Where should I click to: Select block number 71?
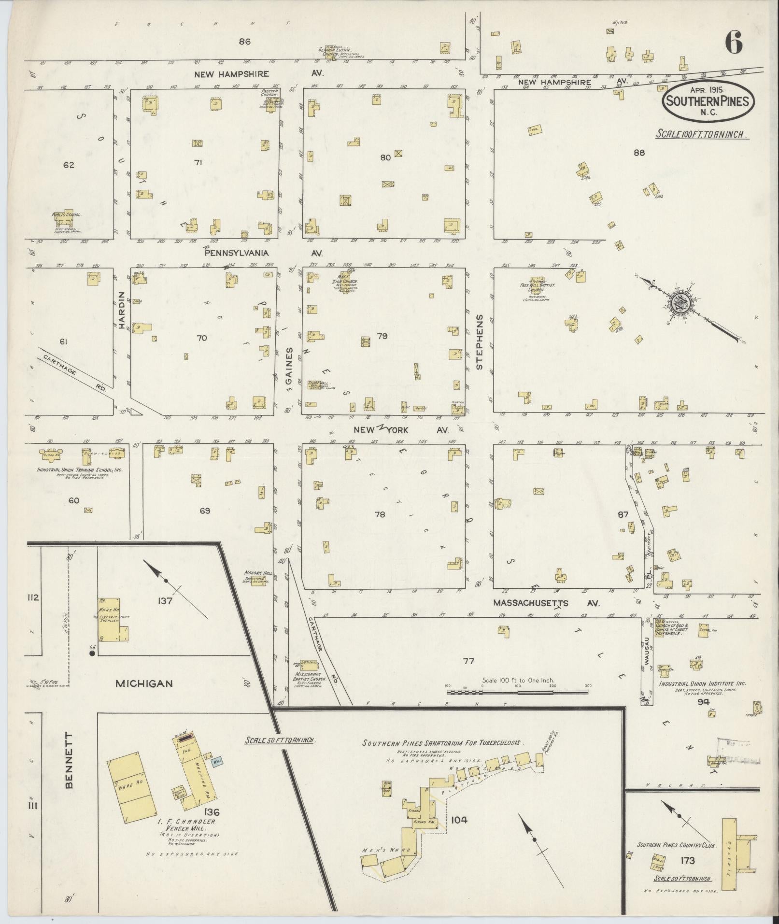coord(198,162)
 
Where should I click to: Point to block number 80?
coord(385,157)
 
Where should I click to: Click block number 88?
coord(639,153)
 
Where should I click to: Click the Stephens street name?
coord(480,342)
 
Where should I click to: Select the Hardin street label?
coord(121,310)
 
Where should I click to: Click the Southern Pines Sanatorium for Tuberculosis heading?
coord(443,743)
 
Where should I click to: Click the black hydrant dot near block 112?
coord(91,653)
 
